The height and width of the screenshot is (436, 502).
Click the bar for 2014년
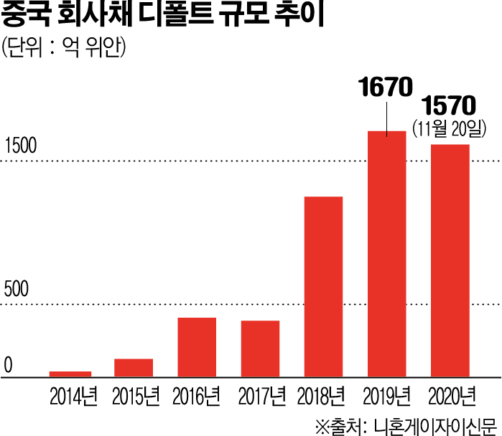point(70,374)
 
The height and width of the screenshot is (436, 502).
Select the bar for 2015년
point(134,367)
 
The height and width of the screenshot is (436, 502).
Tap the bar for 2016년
point(197,347)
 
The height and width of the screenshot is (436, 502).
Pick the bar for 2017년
point(260,349)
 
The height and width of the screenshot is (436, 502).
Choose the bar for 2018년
point(323,286)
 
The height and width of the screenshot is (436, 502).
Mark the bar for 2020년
point(450,260)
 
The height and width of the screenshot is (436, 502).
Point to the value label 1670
point(386,88)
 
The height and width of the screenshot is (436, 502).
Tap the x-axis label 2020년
point(451,395)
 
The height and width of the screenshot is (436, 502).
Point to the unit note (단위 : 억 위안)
point(65,48)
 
